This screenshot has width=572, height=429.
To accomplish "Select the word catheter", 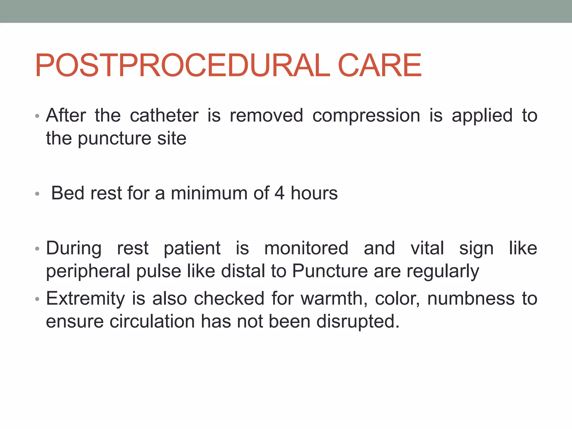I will (x=164, y=115).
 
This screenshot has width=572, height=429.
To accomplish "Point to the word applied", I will (x=482, y=116).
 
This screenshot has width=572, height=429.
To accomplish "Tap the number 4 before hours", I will (x=280, y=193).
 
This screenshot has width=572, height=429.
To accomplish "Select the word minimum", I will (x=209, y=193).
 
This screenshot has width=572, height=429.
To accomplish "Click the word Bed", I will (x=68, y=193).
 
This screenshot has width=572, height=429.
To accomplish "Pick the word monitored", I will (x=306, y=248).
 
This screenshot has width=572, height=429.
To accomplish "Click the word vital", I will (x=427, y=248).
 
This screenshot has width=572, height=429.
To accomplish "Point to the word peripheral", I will (x=88, y=271).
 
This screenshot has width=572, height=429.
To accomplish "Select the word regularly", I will (x=443, y=271).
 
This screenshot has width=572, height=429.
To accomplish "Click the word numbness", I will (x=471, y=298).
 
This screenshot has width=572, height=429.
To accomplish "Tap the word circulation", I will (x=152, y=321).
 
